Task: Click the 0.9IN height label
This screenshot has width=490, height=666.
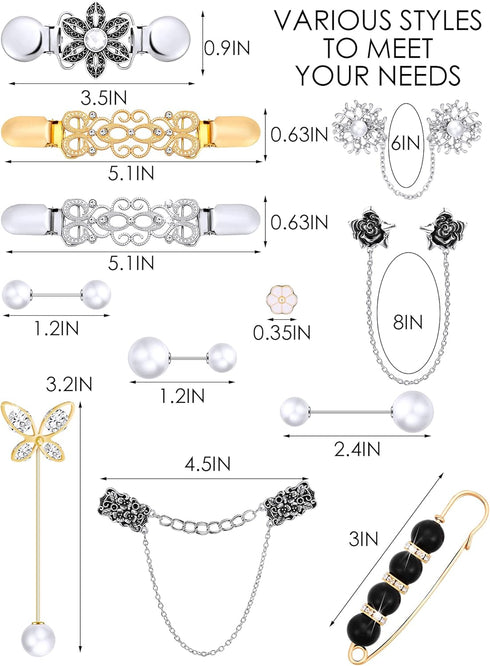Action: click(x=227, y=48)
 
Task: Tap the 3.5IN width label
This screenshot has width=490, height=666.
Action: click(x=104, y=98)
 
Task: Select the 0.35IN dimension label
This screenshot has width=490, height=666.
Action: click(x=282, y=333)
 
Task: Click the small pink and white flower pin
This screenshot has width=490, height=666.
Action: click(x=282, y=301)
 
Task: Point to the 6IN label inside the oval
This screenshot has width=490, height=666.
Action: click(x=407, y=143)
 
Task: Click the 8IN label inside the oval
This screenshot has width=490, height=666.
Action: click(x=408, y=322)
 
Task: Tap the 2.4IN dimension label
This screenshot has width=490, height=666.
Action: click(x=357, y=449)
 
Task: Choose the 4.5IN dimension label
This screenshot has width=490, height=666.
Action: click(x=207, y=463)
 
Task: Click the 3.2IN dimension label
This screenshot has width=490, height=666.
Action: click(x=69, y=384)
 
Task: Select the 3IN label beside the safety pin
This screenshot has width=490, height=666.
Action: click(x=363, y=539)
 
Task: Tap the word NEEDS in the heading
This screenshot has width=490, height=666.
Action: click(x=419, y=76)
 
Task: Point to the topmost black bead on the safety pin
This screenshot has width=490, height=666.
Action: click(x=427, y=534)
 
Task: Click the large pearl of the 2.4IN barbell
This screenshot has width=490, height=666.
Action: click(x=412, y=412)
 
